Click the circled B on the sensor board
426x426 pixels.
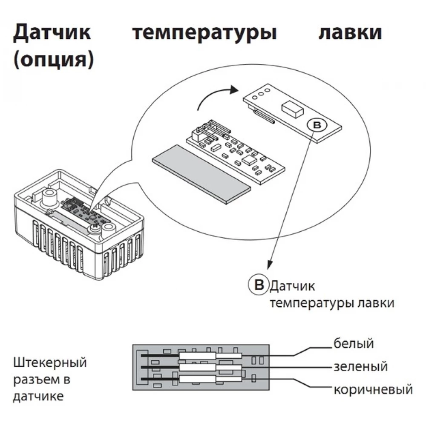coord(316,125)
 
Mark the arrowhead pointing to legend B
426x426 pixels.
coord(269,266)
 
